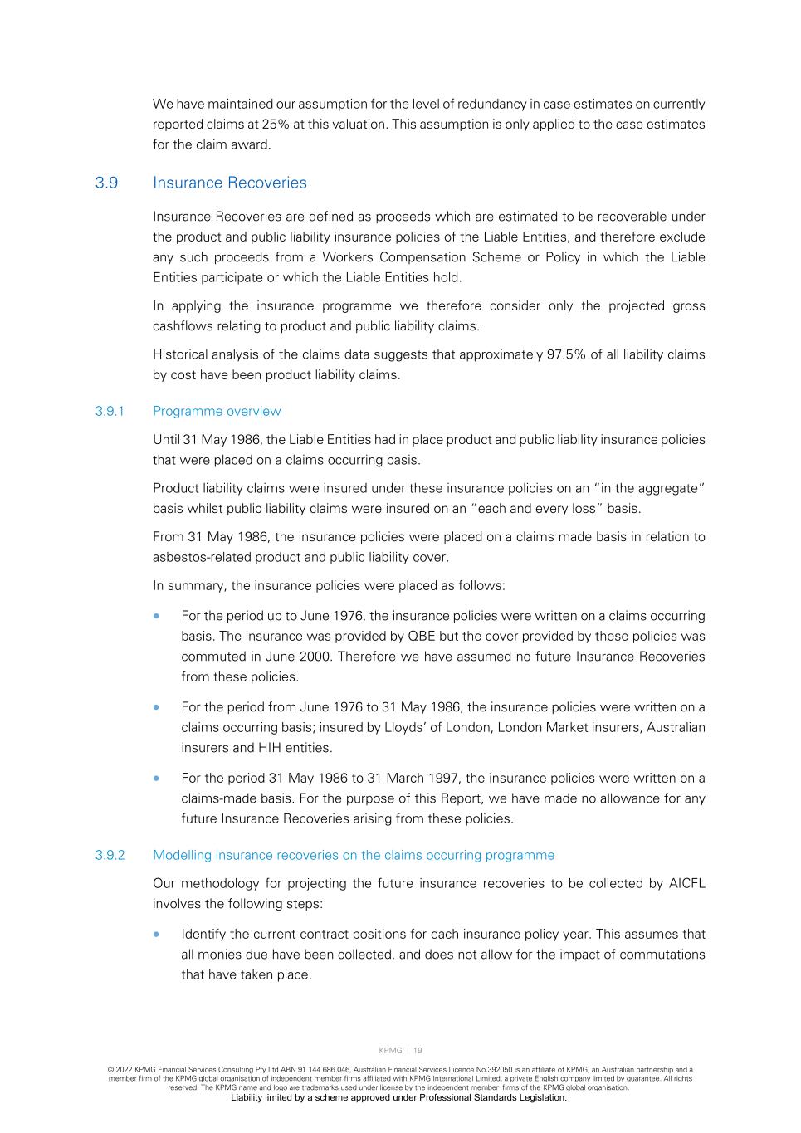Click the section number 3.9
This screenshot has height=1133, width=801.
pos(106,183)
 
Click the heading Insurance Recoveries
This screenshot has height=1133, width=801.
pos(229,183)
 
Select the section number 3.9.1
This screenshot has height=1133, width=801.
pos(110,412)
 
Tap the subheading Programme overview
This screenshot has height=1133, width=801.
pos(217,412)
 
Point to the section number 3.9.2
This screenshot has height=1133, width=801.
pos(110,856)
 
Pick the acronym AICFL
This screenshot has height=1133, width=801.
pos(686,883)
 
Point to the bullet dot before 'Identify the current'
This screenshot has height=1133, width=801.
pos(157,935)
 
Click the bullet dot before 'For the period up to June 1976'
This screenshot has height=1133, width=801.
pos(157,617)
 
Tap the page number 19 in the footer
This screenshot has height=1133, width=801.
pos(418,1051)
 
